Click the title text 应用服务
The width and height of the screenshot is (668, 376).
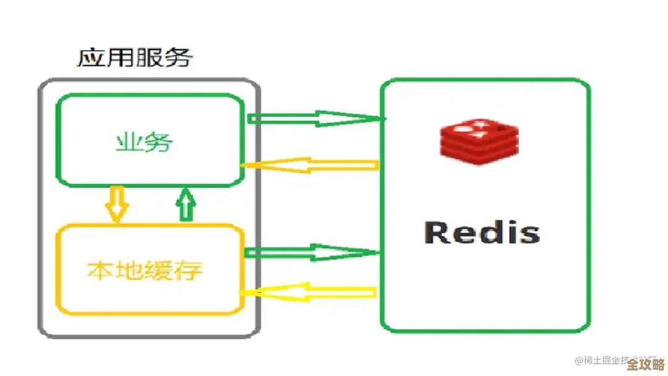tap(135, 58)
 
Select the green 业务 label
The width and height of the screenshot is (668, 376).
tap(145, 143)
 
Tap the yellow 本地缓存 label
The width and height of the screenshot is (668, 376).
tap(145, 270)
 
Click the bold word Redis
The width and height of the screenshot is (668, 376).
tap(482, 233)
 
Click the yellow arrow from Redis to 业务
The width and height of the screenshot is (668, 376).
tap(309, 165)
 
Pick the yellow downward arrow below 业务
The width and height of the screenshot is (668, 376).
tap(116, 205)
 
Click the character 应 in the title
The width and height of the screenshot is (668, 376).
tap(91, 58)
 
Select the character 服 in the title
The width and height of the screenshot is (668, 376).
tap(149, 58)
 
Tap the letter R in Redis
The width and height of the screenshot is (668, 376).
tap(439, 233)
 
